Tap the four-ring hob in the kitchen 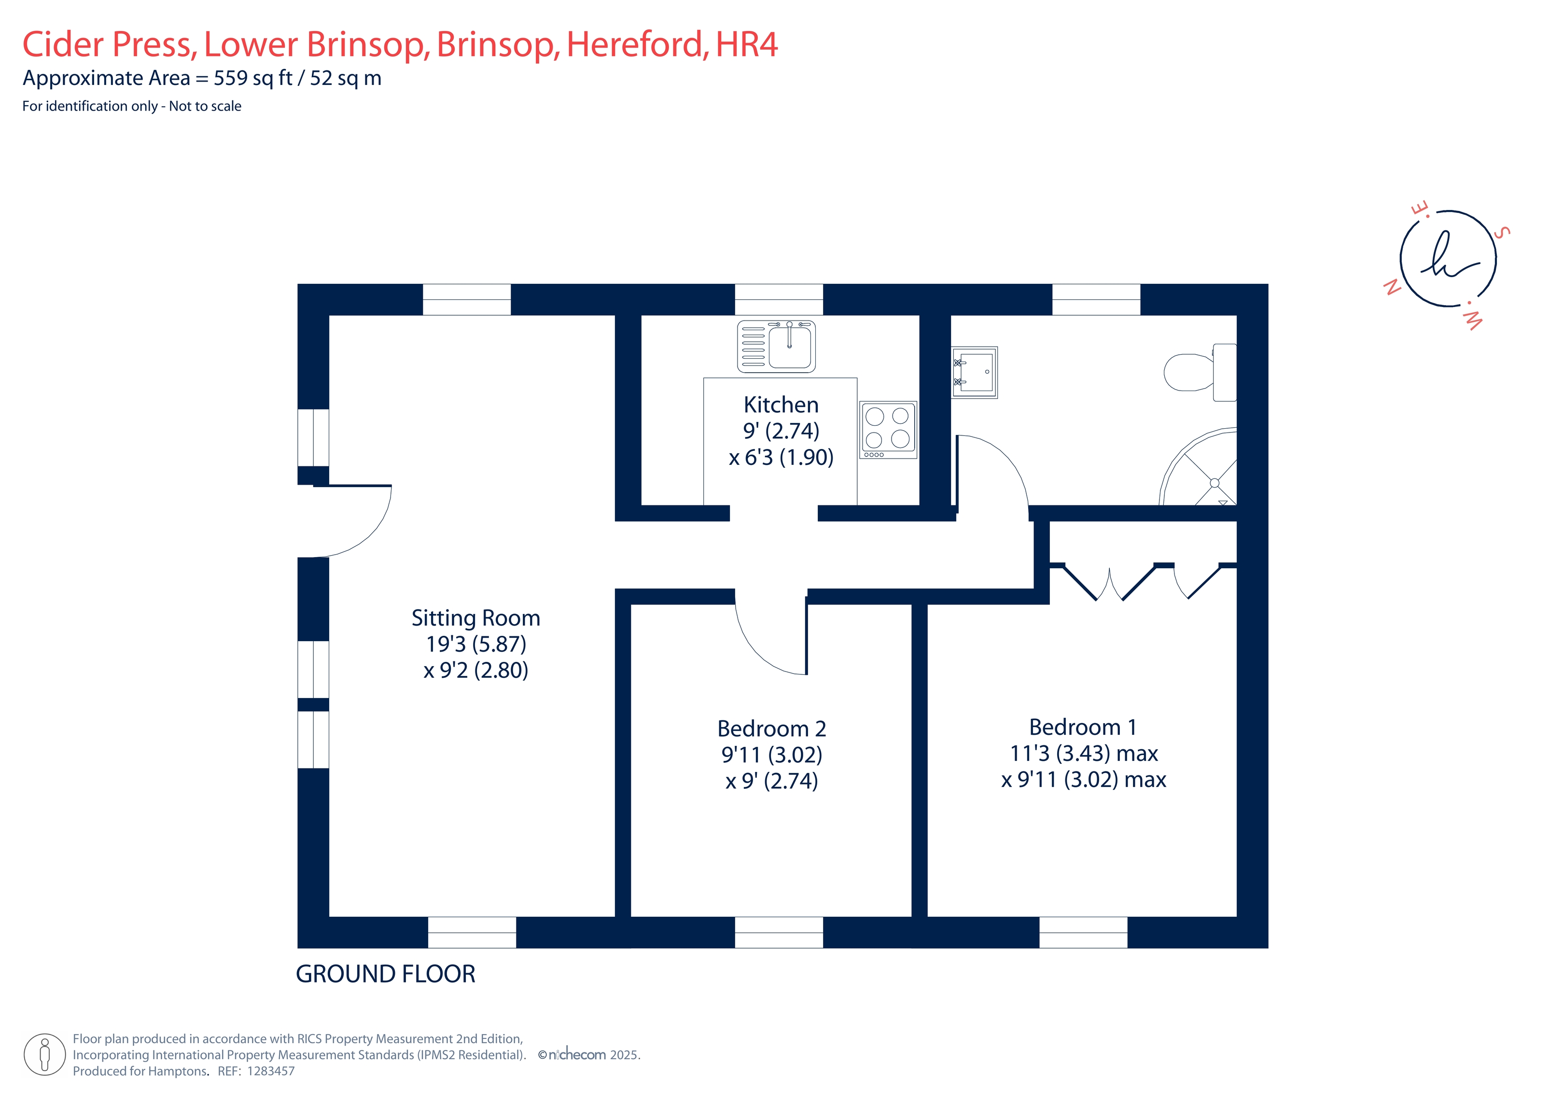888,429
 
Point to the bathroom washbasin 974,372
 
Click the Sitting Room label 475,618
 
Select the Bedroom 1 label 1082,727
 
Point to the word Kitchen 781,405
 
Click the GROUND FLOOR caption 386,974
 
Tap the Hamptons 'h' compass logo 1448,259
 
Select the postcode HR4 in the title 747,44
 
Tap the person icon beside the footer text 45,1054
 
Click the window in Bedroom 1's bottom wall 1083,932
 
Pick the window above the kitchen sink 779,299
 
